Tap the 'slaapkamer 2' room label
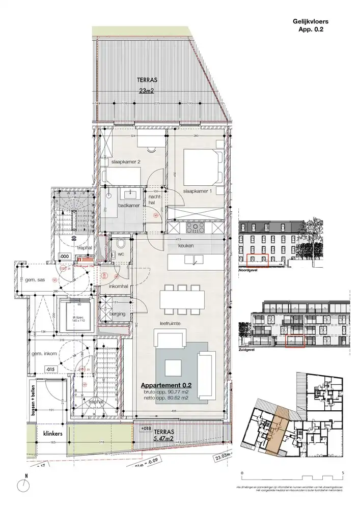[126, 161]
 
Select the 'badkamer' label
[126, 206]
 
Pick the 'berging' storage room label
[117, 314]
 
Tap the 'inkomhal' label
[118, 286]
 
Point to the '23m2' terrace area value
[146, 92]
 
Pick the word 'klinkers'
[52, 434]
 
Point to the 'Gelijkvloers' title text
[311, 22]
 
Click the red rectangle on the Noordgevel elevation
[257, 260]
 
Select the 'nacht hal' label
[153, 200]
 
